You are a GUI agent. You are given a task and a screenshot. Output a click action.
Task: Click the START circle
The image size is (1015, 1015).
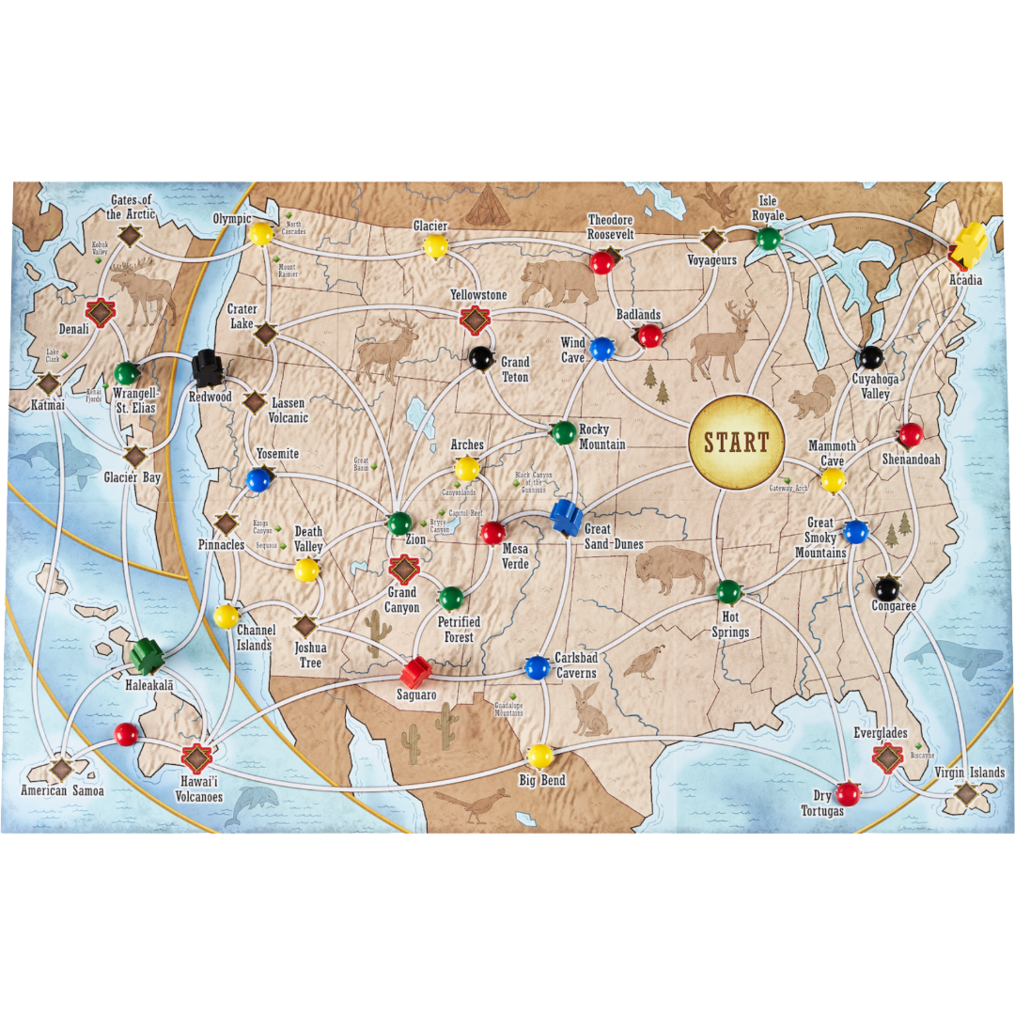[736, 443]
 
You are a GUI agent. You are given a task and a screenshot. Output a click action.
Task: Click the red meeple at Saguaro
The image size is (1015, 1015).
[415, 671]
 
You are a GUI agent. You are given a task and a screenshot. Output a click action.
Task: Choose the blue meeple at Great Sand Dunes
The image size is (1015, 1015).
[566, 516]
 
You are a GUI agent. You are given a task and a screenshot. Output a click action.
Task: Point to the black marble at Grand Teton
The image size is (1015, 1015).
[481, 357]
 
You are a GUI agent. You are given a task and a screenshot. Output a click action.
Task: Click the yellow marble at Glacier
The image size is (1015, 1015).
[435, 246]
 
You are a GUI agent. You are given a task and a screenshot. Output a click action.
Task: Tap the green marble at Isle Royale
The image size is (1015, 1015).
[769, 239]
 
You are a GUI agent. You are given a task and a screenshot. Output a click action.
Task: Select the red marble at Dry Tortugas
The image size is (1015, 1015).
[848, 793]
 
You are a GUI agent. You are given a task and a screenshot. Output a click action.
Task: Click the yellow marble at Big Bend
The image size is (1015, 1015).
[540, 755]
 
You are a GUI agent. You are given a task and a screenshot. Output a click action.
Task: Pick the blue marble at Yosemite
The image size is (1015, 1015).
[258, 480]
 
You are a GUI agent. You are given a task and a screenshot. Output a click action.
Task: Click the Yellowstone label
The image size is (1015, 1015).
[478, 295]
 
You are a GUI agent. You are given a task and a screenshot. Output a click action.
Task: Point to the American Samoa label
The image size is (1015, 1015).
[62, 791]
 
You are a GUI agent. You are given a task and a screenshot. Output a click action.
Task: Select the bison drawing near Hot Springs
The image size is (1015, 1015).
[673, 569]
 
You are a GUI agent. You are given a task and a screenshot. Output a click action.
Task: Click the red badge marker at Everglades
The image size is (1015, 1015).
[887, 757]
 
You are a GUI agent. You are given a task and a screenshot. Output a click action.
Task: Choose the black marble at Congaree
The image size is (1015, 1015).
[886, 588]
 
